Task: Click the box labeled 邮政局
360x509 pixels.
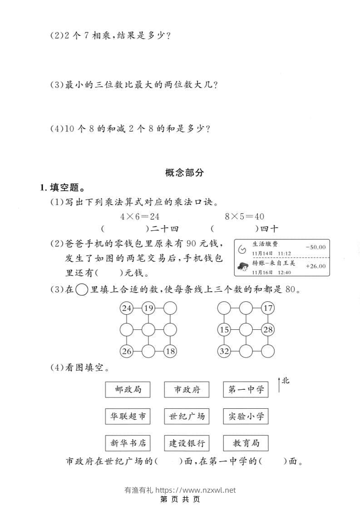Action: [x=128, y=389]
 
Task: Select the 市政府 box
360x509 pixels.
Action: [x=187, y=389]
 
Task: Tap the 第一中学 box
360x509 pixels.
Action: [x=246, y=389]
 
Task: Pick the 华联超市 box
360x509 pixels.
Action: [x=128, y=416]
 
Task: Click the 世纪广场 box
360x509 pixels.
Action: [x=187, y=416]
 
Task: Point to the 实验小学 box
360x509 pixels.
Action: [x=246, y=416]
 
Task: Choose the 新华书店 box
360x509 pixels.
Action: [x=128, y=443]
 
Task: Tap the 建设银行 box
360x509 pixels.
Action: [x=187, y=443]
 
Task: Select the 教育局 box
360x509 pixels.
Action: [x=246, y=443]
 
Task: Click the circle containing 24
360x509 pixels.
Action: [x=126, y=308]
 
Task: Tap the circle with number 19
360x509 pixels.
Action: [x=148, y=308]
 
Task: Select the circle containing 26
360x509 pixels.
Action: [x=126, y=351]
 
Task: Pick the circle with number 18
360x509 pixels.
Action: [x=170, y=351]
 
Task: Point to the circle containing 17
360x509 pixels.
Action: [x=268, y=308]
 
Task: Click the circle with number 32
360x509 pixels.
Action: [x=224, y=351]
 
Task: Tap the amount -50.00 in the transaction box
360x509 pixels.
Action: [x=316, y=247]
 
